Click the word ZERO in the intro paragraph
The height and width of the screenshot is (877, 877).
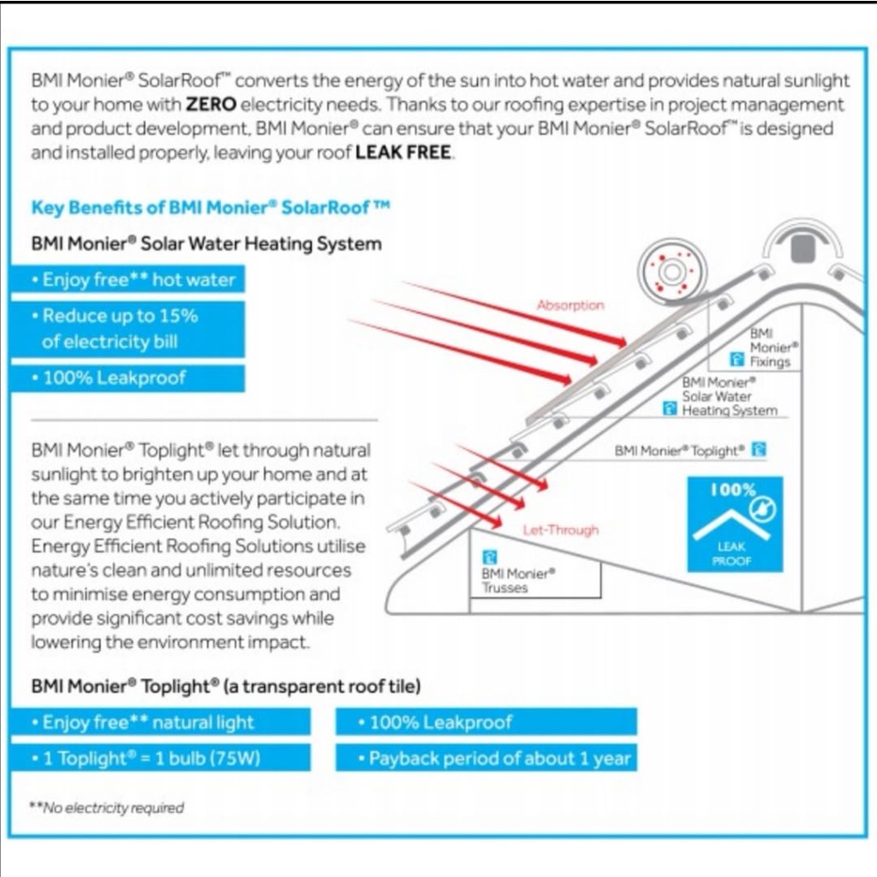pos(210,105)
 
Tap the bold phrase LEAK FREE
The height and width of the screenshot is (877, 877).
pos(403,154)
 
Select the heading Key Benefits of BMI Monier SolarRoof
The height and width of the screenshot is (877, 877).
pos(211,207)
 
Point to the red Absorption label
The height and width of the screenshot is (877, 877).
pos(570,305)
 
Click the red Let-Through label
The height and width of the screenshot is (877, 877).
pos(561,530)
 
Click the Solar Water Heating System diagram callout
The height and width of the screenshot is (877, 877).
pos(729,397)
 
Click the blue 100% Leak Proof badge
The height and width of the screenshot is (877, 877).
pos(734,525)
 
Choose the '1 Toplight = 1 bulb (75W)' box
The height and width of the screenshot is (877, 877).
pos(160,758)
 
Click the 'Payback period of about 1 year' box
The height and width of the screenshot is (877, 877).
pos(486,758)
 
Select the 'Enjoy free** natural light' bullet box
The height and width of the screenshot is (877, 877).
pos(160,722)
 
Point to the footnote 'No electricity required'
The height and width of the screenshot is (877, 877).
pos(108,807)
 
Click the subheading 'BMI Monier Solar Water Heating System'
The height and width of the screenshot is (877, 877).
pos(206,244)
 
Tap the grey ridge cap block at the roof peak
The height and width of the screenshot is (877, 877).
pos(802,248)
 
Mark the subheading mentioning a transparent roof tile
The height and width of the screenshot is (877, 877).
pos(226,686)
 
